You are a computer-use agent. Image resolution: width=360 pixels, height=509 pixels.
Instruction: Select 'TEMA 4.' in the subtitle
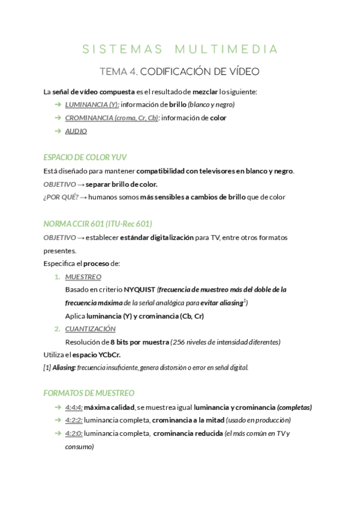[x=118, y=72]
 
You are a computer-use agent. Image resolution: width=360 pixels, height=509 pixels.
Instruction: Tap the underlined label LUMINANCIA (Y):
[x=92, y=104]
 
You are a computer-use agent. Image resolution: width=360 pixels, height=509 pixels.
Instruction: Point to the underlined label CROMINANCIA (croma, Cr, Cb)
[x=112, y=118]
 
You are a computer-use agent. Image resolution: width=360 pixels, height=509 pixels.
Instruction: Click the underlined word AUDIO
[x=76, y=131]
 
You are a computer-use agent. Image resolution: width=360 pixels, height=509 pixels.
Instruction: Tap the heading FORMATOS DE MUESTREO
[x=89, y=393]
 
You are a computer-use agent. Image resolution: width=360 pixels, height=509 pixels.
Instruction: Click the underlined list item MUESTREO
[x=83, y=277]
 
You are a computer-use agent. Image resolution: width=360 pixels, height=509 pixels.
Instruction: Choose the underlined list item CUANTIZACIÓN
[x=90, y=329]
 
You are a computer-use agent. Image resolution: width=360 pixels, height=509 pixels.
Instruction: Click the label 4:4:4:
[x=74, y=407]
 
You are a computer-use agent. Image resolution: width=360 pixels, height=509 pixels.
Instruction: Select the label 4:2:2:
[x=74, y=420]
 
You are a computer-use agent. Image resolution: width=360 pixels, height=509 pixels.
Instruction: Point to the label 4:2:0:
[x=74, y=433]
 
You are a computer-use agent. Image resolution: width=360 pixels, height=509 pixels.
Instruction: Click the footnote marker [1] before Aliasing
[x=47, y=367]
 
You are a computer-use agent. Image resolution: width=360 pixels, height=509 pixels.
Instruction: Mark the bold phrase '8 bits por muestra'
[x=139, y=342]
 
